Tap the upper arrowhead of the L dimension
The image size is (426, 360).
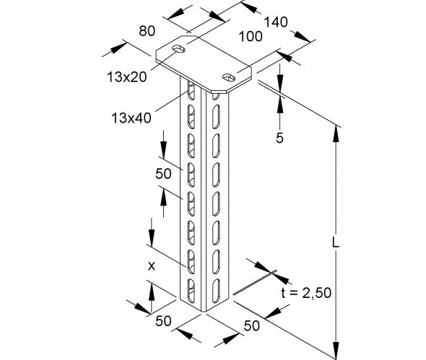click(x=335, y=131)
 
